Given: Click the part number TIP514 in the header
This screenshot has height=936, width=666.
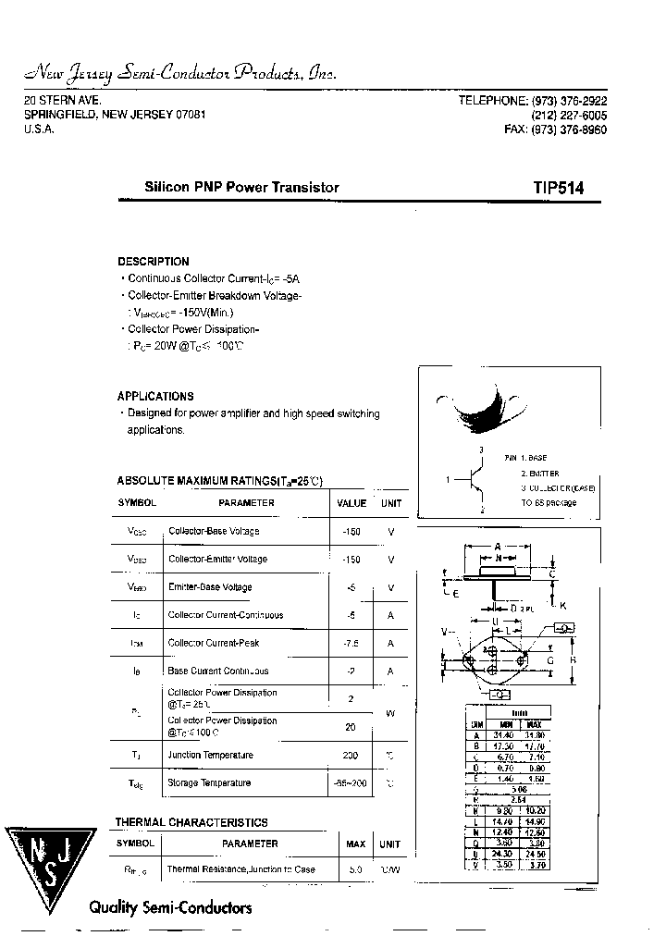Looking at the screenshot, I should pyautogui.click(x=557, y=188).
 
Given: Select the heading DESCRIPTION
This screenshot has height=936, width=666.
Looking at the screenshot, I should pyautogui.click(x=154, y=262).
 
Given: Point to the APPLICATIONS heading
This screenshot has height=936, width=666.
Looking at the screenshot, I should pyautogui.click(x=155, y=396).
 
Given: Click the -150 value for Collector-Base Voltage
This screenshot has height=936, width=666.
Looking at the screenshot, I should pyautogui.click(x=351, y=532).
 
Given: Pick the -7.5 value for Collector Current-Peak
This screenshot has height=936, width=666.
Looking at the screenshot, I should pyautogui.click(x=351, y=644).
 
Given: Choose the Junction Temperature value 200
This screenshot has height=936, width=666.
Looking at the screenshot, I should pyautogui.click(x=351, y=755).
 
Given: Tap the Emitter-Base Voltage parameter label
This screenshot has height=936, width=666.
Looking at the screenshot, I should pyautogui.click(x=210, y=587).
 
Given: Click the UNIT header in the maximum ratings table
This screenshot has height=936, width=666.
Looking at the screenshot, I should pyautogui.click(x=391, y=503).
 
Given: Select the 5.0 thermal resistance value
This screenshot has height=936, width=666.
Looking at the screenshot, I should pyautogui.click(x=355, y=869).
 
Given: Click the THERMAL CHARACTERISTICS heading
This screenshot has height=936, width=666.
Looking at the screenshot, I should pyautogui.click(x=191, y=822).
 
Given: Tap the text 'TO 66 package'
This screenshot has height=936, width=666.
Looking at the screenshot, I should pyautogui.click(x=549, y=503).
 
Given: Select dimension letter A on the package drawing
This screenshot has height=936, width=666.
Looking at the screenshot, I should pyautogui.click(x=498, y=546).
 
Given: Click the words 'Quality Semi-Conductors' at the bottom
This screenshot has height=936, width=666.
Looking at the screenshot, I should pyautogui.click(x=170, y=907).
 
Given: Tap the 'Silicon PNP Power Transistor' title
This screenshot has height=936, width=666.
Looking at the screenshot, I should pyautogui.click(x=242, y=187).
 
